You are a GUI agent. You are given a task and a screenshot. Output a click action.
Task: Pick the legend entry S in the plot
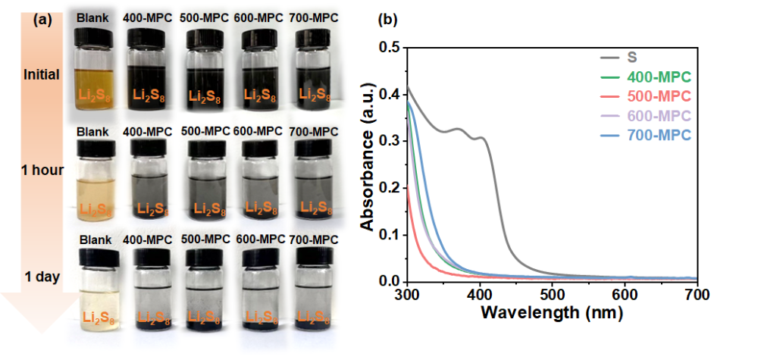click(631, 57)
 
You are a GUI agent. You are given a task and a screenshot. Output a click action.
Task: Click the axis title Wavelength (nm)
click(552, 311)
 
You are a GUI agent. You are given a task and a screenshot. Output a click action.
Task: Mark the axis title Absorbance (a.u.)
click(368, 163)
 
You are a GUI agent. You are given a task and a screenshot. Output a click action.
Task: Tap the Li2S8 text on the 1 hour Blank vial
click(96, 207)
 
